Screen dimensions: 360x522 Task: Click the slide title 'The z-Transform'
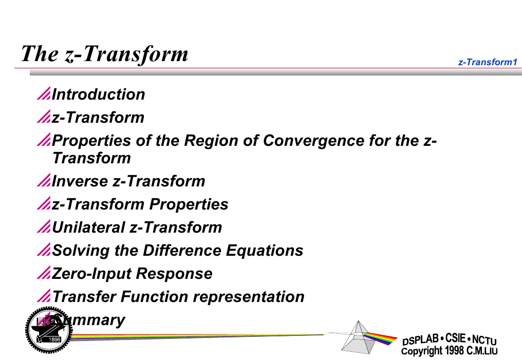[x=104, y=53]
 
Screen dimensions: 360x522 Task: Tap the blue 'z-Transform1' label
[x=487, y=62]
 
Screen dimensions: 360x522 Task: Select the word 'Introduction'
[x=99, y=94]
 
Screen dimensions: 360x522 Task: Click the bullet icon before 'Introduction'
[x=44, y=94]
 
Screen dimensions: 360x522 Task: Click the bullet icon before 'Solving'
[x=44, y=251]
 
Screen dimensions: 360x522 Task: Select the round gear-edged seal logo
[x=45, y=330]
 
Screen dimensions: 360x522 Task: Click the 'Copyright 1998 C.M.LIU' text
[x=449, y=351]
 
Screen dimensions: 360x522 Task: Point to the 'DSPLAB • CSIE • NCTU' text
[x=449, y=339]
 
